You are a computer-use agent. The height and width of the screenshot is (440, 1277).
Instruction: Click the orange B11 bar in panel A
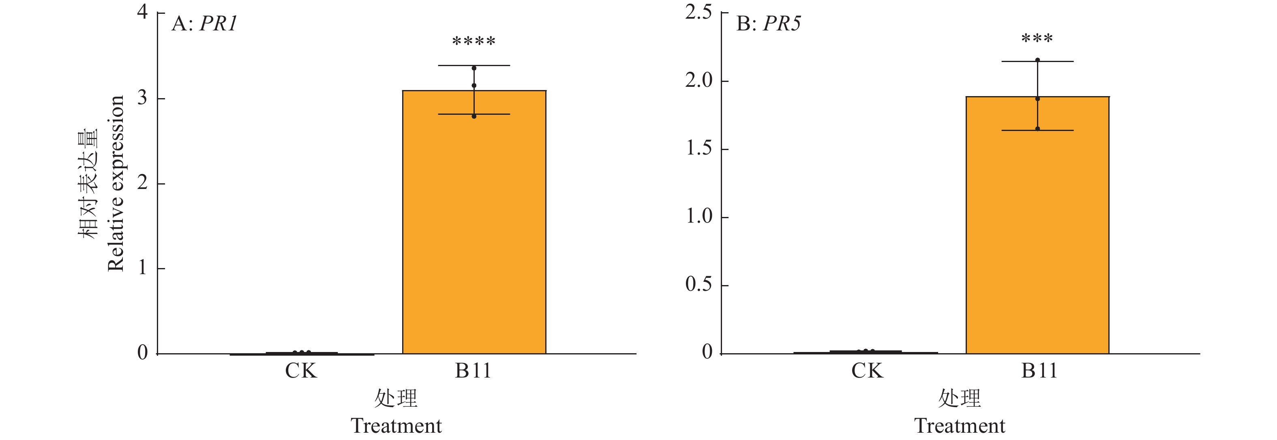tap(474, 223)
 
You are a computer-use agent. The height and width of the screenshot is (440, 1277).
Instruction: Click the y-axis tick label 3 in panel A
tap(142, 98)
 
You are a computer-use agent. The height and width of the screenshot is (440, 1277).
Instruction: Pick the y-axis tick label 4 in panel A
tap(142, 12)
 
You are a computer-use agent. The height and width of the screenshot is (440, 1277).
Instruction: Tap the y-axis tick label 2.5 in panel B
tap(698, 12)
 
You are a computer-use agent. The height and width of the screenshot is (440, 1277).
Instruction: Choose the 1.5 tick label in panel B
tap(698, 148)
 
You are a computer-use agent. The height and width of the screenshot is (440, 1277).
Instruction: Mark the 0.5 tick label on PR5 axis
tap(698, 284)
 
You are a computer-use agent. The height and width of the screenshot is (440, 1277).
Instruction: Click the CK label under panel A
tap(300, 371)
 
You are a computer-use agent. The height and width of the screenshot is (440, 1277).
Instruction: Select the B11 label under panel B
tap(1039, 371)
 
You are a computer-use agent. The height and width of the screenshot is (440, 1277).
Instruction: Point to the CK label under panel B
tap(867, 371)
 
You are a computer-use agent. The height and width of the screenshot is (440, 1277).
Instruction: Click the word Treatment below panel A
tap(396, 426)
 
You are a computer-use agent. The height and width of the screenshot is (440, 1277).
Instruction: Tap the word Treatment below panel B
tap(960, 426)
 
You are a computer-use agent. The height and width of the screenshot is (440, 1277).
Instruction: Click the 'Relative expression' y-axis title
tap(116, 184)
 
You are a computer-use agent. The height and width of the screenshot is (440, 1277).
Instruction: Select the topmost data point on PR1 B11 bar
tap(474, 69)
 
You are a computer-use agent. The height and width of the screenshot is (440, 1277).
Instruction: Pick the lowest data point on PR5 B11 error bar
tap(1037, 129)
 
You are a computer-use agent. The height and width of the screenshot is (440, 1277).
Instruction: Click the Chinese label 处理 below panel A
tap(396, 398)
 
